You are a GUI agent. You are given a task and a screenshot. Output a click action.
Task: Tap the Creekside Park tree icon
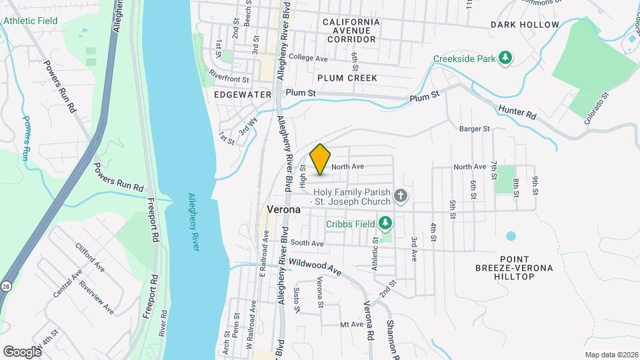[506, 58]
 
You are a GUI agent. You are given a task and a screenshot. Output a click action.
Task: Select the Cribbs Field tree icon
[385, 222]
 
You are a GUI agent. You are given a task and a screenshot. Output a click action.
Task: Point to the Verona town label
[284, 209]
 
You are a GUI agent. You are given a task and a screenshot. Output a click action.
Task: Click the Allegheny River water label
[193, 223]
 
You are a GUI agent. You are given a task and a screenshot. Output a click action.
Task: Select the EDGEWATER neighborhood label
[243, 95]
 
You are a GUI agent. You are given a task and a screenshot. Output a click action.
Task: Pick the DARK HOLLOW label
[525, 25]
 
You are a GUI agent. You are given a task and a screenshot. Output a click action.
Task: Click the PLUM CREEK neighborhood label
[347, 78]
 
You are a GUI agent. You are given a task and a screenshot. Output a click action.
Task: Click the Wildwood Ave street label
[315, 269]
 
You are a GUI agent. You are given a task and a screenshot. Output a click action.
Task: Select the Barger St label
[475, 128]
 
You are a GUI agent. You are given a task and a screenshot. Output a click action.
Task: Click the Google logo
[22, 351]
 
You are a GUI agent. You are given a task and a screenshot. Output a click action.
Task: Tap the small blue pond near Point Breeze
[511, 235]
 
